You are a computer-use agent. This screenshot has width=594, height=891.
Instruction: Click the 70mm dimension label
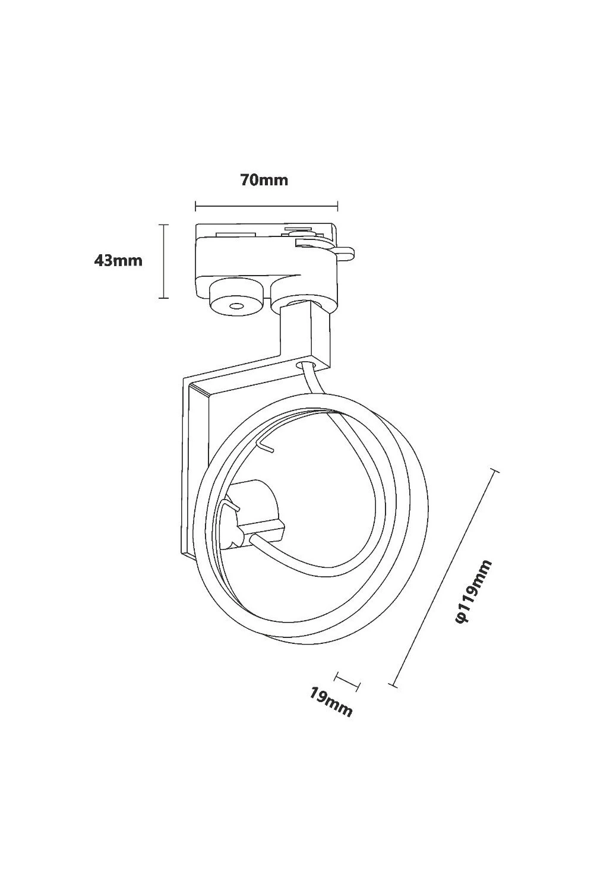click(264, 180)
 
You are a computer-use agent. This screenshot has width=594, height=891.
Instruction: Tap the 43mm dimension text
click(118, 261)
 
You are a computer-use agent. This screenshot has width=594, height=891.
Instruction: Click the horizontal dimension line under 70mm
click(267, 206)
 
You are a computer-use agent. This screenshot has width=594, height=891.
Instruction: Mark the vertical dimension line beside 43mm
click(163, 261)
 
